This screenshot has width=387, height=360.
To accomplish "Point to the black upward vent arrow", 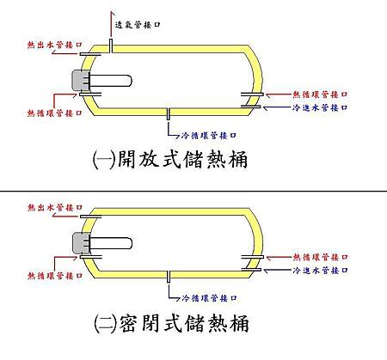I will pos(111,26).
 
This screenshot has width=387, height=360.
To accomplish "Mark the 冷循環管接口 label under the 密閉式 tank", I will pos(210,298).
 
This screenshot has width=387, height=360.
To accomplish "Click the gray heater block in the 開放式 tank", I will pos(80,81).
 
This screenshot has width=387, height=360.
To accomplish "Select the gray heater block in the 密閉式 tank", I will pos(80,244).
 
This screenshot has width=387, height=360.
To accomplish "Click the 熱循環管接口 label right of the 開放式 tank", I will pos(320,94).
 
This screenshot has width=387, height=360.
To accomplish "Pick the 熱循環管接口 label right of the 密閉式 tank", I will pos(320,256).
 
